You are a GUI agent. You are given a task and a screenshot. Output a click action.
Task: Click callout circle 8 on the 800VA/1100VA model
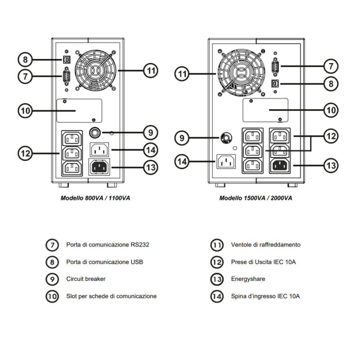[x=26, y=59]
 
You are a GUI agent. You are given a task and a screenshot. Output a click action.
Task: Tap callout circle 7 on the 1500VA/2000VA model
[x=331, y=66]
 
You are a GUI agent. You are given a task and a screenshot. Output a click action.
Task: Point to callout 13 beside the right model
[x=331, y=166]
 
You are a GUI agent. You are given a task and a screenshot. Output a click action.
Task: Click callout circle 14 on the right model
[x=182, y=162]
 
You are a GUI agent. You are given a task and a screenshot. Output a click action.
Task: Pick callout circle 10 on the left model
[x=26, y=110]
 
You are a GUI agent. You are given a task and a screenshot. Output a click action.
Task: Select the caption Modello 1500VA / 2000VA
[x=256, y=198]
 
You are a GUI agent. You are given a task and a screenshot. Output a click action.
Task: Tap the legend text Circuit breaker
[x=86, y=279]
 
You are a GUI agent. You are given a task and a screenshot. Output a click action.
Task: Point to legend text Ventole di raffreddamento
[x=265, y=245]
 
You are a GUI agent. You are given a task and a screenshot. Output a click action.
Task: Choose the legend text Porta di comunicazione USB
[x=104, y=262]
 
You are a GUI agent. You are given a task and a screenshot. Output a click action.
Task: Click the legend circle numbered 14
[x=217, y=296]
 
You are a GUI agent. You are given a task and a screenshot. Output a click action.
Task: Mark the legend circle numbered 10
[x=52, y=296]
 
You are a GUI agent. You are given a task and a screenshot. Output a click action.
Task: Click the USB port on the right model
[x=274, y=83]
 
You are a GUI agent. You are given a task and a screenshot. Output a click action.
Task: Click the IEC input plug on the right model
[x=226, y=162]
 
